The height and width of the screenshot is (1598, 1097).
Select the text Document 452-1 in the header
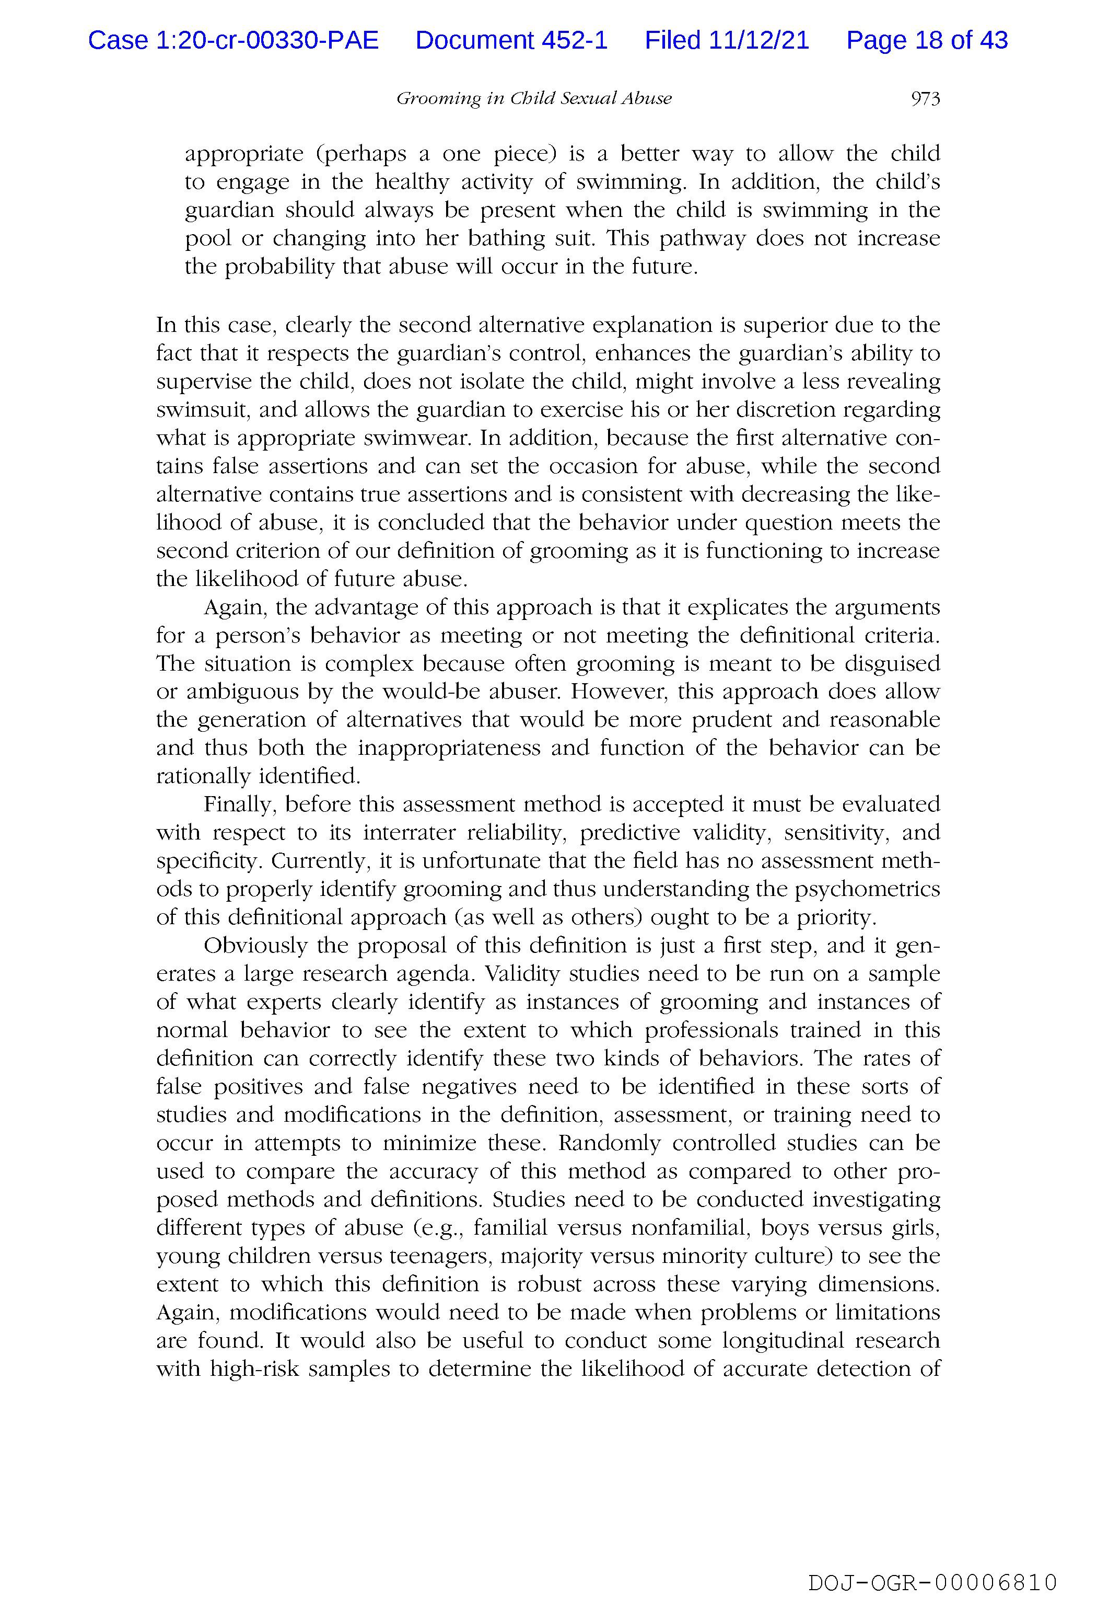tap(511, 41)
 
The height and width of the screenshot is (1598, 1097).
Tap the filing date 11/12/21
tap(759, 41)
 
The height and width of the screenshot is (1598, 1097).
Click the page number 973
tap(925, 99)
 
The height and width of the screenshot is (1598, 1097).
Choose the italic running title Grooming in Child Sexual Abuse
tap(533, 99)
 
